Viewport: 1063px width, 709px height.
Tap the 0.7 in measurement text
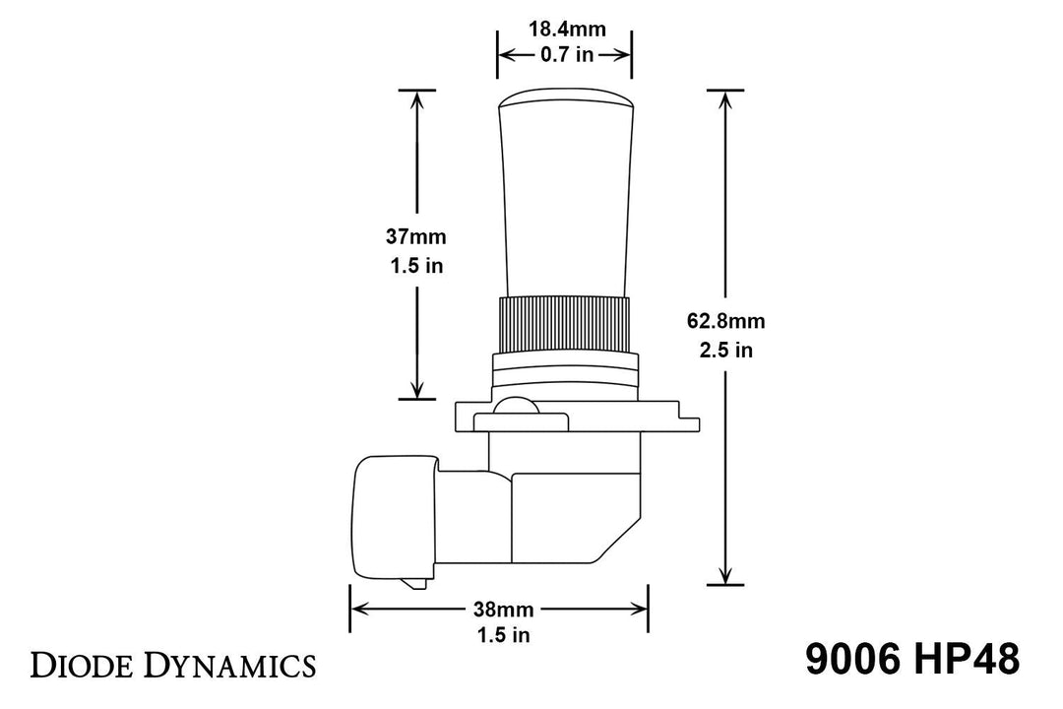tap(566, 55)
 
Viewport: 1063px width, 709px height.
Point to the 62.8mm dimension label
tap(727, 321)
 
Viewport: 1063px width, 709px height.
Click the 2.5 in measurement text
tap(727, 350)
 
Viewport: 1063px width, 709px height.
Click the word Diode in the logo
tap(85, 665)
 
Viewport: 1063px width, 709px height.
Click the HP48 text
tap(965, 660)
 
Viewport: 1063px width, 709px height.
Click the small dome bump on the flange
tap(516, 407)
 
